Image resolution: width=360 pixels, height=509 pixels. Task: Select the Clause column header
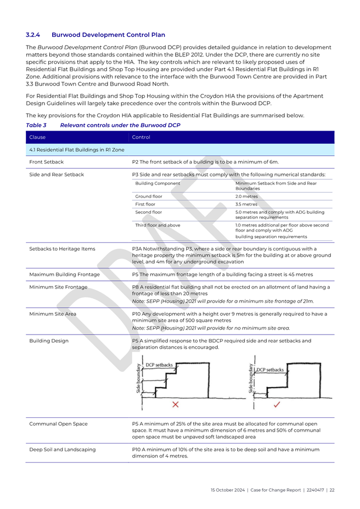pyautogui.click(x=38, y=137)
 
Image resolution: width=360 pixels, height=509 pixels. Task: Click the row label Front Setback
pyautogui.click(x=46, y=162)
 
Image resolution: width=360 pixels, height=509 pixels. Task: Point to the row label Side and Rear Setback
pyautogui.click(x=57, y=174)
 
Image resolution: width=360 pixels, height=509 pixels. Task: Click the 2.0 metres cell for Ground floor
pyautogui.click(x=246, y=196)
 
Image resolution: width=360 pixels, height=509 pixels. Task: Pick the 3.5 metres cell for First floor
pyautogui.click(x=246, y=204)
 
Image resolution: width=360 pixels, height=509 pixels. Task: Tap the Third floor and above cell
pyautogui.click(x=158, y=225)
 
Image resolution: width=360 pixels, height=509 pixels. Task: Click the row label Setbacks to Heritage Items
pyautogui.click(x=62, y=248)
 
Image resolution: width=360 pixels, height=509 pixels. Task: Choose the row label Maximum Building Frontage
pyautogui.click(x=64, y=274)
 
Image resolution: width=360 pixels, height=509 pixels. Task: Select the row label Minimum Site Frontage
pyautogui.click(x=58, y=287)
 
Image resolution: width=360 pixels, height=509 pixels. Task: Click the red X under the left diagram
pyautogui.click(x=176, y=405)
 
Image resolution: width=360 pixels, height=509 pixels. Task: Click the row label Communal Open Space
pyautogui.click(x=58, y=423)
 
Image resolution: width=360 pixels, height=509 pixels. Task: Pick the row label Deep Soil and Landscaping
pyautogui.click(x=63, y=450)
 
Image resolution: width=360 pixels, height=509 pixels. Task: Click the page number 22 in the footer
pyautogui.click(x=332, y=489)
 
